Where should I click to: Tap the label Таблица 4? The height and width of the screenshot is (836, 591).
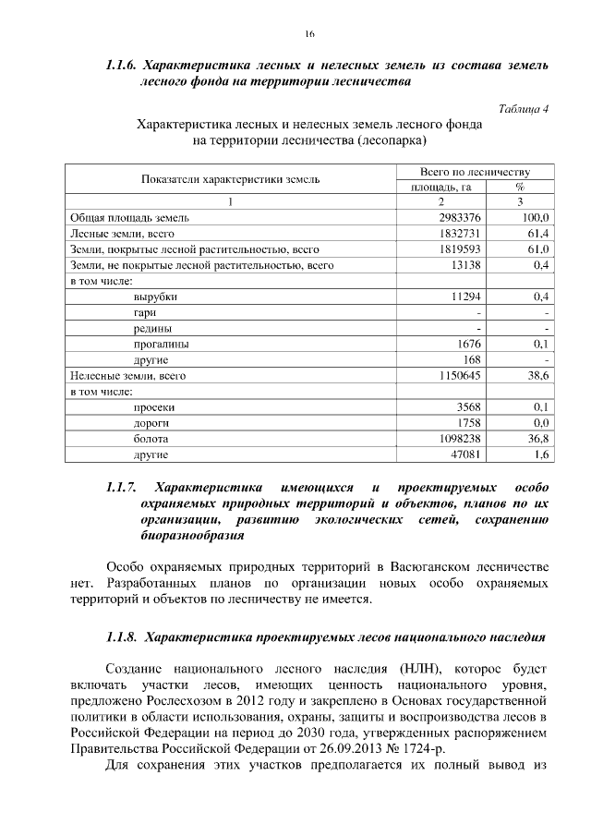(x=524, y=108)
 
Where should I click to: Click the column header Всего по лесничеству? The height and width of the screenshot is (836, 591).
(x=475, y=172)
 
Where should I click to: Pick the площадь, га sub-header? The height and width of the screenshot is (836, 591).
(x=441, y=187)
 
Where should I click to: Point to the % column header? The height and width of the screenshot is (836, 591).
(x=520, y=187)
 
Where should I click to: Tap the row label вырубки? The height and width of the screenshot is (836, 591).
(x=155, y=297)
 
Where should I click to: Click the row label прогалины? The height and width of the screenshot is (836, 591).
(x=161, y=344)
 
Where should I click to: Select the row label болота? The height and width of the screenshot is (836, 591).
(x=151, y=439)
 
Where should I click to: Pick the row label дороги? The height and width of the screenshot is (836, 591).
(x=151, y=423)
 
